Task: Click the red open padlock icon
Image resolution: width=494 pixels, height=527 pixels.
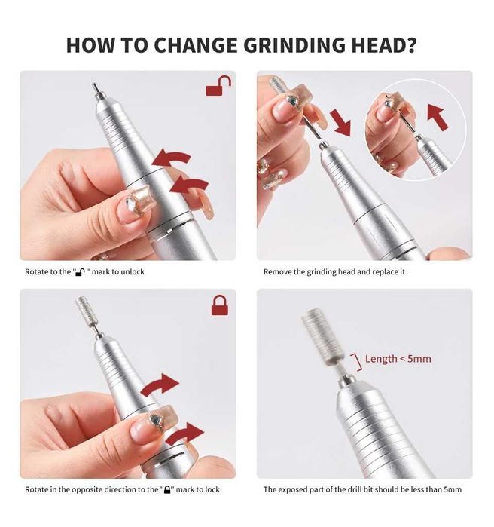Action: click(x=218, y=86)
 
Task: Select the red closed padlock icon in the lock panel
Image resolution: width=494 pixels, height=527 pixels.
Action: click(x=219, y=305)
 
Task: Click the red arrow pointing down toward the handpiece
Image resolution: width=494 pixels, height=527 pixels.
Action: click(x=340, y=123)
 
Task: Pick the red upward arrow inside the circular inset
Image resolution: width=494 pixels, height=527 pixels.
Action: click(x=438, y=117)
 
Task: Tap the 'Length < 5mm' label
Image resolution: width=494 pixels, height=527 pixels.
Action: click(x=398, y=359)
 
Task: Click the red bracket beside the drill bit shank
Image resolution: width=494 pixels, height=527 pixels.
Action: click(x=358, y=362)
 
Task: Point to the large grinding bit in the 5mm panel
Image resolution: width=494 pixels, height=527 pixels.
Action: click(x=323, y=338)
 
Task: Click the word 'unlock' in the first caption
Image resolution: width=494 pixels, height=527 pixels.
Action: click(x=132, y=271)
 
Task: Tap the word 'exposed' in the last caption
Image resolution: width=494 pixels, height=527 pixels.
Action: click(x=293, y=489)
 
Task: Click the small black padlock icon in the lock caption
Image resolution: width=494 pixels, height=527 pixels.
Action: click(x=166, y=489)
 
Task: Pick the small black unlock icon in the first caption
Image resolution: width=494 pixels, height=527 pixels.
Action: click(x=81, y=271)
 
